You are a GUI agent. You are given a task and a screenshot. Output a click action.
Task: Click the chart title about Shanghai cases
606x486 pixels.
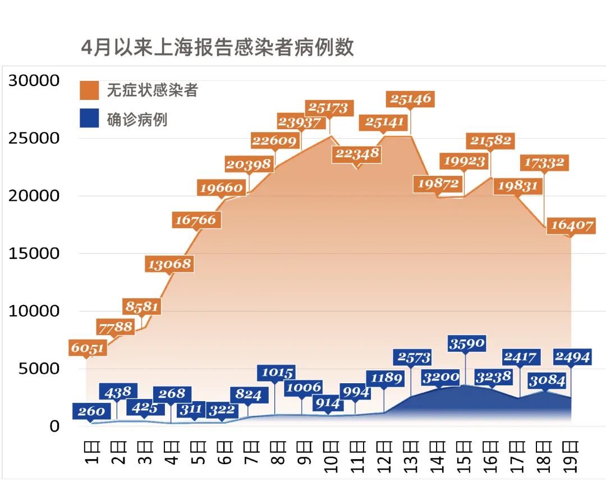click(218, 47)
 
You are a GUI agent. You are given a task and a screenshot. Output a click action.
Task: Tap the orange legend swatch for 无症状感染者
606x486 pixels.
click(89, 90)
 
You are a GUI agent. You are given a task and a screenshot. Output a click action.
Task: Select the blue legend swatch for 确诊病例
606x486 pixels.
click(89, 119)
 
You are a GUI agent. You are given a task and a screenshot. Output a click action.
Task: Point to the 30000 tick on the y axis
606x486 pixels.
click(34, 81)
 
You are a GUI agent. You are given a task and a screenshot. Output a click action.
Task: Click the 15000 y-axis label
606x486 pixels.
click(34, 253)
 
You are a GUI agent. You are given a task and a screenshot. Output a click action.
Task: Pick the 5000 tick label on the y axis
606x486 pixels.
click(39, 369)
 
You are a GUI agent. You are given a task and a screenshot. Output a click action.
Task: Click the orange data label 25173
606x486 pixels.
click(328, 107)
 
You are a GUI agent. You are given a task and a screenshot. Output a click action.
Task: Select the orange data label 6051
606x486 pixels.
click(88, 348)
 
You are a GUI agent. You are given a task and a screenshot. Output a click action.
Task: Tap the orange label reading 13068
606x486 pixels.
click(169, 264)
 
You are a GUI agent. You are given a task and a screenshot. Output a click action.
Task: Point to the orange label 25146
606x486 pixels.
click(411, 99)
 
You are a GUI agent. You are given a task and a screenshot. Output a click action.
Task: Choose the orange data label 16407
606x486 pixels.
click(572, 226)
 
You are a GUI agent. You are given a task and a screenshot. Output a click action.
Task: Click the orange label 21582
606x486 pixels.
click(490, 140)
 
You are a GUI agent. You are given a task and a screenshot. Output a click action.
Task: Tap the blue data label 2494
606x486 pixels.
click(572, 357)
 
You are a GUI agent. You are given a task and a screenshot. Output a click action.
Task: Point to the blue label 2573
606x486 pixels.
click(415, 357)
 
